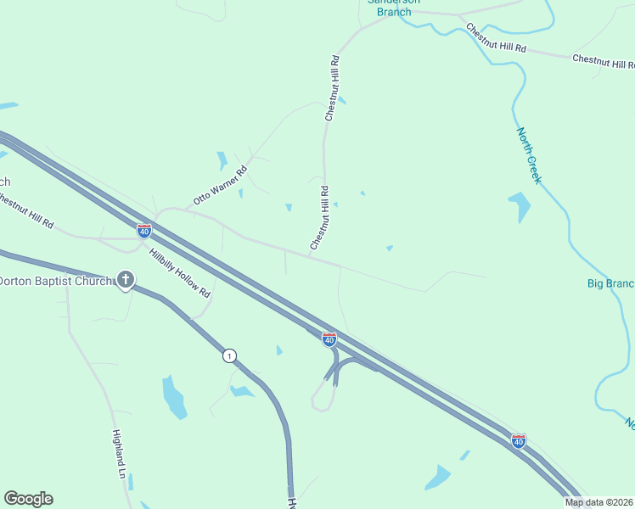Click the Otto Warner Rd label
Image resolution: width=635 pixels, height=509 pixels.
tap(220, 186)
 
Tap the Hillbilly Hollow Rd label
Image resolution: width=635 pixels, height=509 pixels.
tap(179, 273)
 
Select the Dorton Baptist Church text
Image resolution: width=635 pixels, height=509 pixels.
tap(56, 281)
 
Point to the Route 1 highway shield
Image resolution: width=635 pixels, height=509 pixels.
tap(229, 355)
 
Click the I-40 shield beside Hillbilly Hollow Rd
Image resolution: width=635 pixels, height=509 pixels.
tap(144, 230)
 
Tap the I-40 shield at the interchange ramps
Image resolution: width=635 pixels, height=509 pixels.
tap(329, 339)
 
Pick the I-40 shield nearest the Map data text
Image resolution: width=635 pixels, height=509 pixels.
tap(519, 440)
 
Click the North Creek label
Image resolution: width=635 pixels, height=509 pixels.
tap(529, 156)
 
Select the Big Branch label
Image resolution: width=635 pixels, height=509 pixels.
tap(610, 283)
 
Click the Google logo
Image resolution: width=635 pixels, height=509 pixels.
tap(28, 499)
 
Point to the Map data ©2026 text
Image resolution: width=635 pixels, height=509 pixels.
tap(599, 502)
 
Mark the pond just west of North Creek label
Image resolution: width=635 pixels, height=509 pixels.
tap(519, 206)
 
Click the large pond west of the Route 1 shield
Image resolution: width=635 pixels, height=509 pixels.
tap(174, 395)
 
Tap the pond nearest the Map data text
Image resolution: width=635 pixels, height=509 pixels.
tap(438, 478)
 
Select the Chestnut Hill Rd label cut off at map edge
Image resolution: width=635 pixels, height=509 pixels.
tap(25, 211)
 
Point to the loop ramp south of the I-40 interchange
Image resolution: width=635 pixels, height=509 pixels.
tap(321, 397)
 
